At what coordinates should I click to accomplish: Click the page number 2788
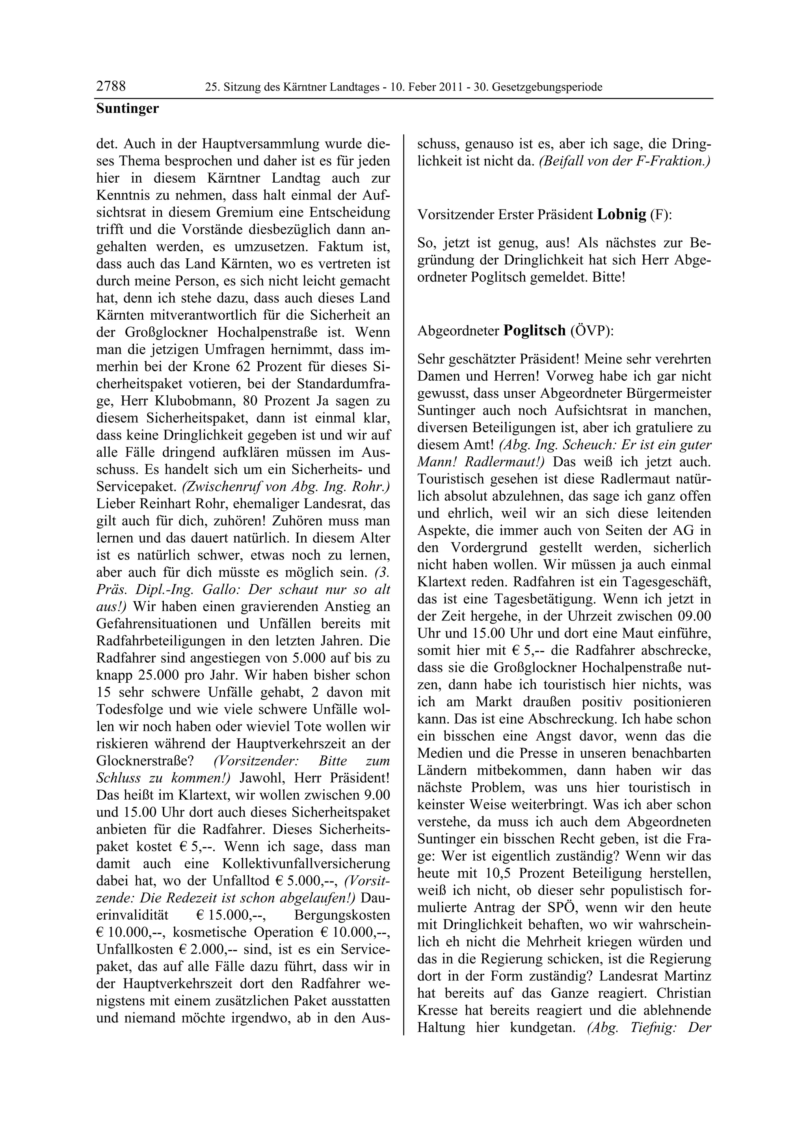point(111,87)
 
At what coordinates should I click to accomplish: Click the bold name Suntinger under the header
point(127,108)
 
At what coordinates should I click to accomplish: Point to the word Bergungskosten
point(342,915)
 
